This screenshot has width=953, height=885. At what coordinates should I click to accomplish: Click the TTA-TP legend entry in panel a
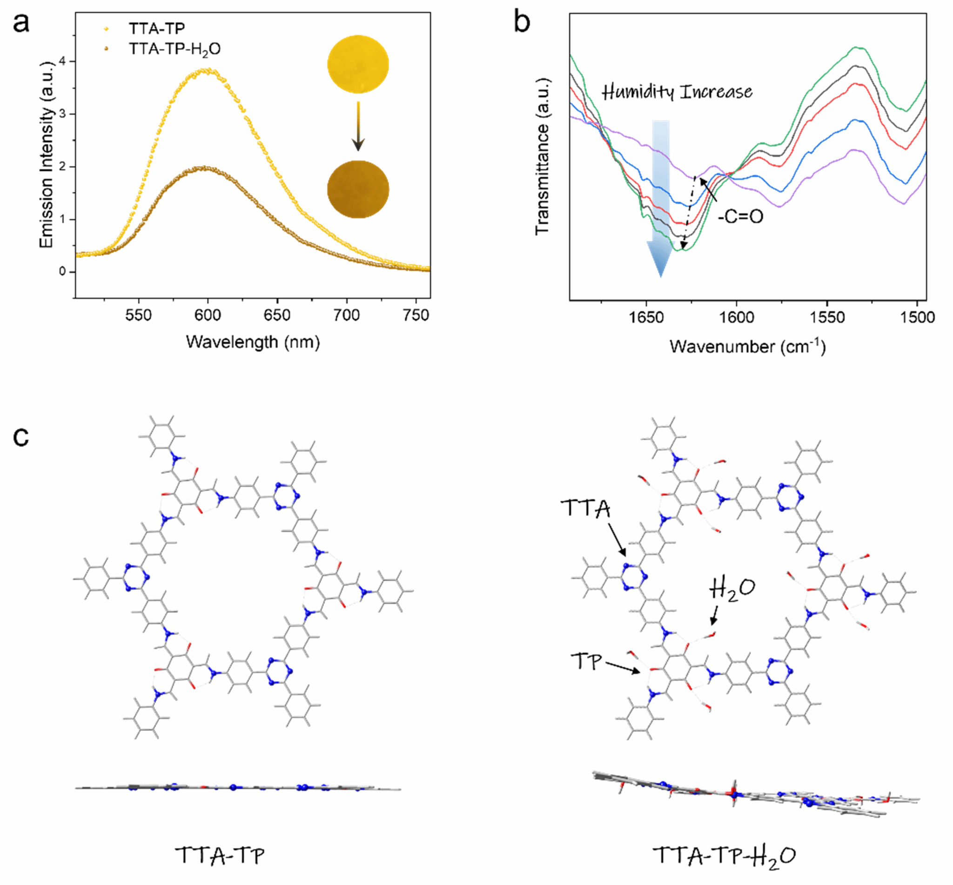coord(156,29)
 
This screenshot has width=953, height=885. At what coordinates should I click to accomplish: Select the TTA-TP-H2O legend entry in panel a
coord(174,49)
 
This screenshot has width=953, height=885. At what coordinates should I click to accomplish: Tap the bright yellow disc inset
coord(358,64)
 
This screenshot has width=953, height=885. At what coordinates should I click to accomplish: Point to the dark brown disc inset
coord(358,190)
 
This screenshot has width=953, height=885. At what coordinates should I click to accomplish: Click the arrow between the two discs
coord(358,126)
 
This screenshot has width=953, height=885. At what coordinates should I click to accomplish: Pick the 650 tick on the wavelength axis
coord(277,315)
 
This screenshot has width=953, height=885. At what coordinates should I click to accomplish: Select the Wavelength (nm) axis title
coord(252,342)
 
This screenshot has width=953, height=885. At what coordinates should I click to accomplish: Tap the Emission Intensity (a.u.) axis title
coord(47,154)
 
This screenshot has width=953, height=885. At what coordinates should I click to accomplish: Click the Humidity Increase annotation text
coord(676,92)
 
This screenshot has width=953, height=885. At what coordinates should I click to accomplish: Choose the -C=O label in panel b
coord(740,216)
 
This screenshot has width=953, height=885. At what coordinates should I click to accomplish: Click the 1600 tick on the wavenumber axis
coord(736,317)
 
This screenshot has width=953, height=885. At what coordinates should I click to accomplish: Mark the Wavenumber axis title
coord(747,347)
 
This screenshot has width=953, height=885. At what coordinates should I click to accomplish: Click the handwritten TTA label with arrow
coord(585,509)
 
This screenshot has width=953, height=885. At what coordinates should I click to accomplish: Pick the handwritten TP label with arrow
coord(586,662)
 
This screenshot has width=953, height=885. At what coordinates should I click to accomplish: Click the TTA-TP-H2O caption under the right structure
coord(725,855)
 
